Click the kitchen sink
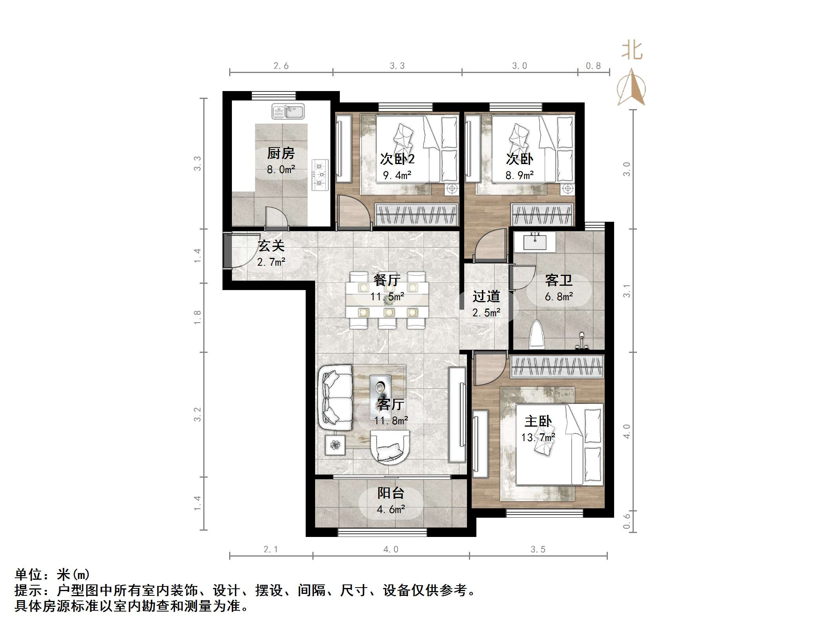[x=288, y=111]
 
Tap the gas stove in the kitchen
[x=320, y=174]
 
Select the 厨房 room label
[x=281, y=153]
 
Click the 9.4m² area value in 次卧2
[x=397, y=175]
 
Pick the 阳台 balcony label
[x=390, y=493]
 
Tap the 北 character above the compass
[x=632, y=51]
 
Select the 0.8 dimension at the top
[x=593, y=66]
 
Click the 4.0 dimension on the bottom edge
[x=390, y=549]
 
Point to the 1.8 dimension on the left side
[x=197, y=317]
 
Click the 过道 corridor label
[x=486, y=296]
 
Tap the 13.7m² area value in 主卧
[x=538, y=437]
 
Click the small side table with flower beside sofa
[x=335, y=445]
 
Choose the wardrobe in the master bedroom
[x=556, y=367]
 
